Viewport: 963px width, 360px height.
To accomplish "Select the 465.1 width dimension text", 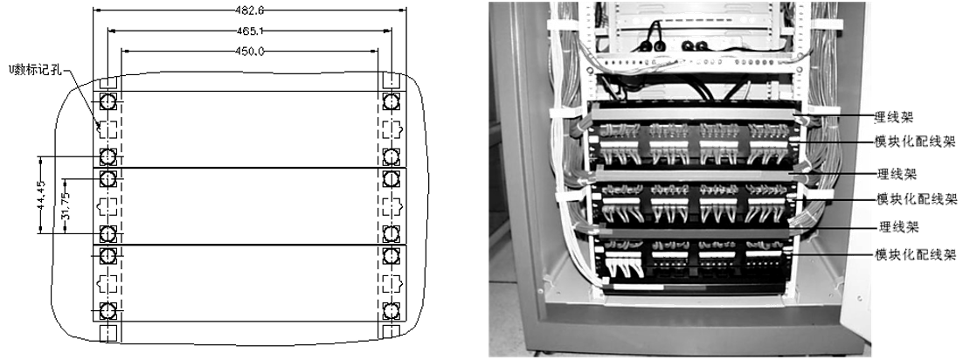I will point(249,30).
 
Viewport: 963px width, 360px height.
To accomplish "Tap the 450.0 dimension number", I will point(249,51).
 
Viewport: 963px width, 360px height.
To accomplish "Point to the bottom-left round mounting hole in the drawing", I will point(107,311).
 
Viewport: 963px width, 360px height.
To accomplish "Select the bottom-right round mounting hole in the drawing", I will point(391,311).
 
